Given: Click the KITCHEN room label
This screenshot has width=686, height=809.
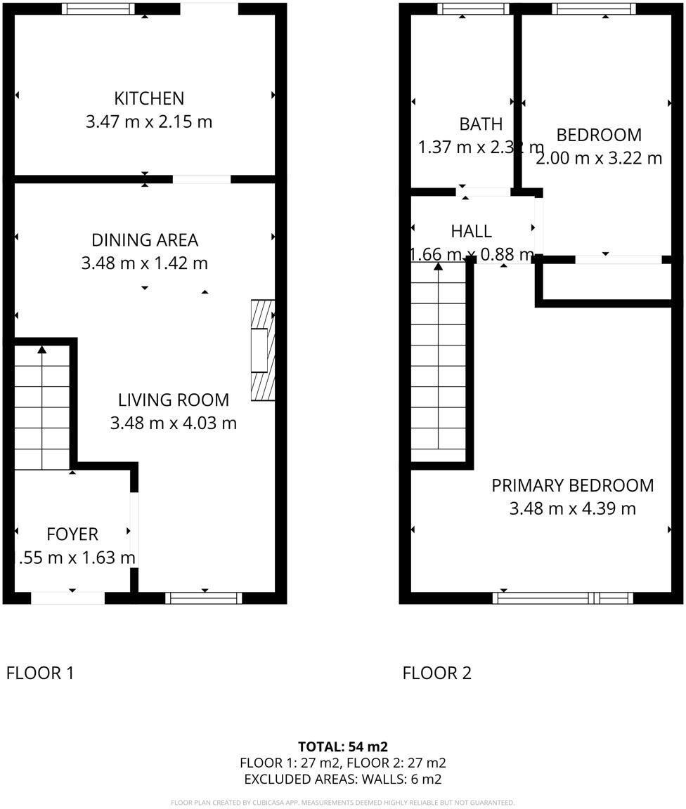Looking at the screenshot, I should [149, 98].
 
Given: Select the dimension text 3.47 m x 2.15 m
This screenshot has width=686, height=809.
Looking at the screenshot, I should [149, 121].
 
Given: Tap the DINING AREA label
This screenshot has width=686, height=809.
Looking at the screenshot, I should [145, 240].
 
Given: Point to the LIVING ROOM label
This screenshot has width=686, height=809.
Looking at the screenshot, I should [173, 400].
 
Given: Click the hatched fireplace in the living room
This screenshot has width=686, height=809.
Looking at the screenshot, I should [262, 350].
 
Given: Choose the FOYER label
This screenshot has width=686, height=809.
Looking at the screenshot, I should [72, 534].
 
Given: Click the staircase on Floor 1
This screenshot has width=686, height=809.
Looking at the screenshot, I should [42, 407].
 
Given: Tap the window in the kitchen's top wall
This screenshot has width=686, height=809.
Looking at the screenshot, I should [98, 9].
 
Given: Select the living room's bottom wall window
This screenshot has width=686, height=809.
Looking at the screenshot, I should [204, 598].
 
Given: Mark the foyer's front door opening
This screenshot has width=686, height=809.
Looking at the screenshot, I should [68, 598].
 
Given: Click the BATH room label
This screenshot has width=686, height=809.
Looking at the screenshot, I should [481, 124].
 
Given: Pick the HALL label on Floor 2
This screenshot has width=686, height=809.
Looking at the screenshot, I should [471, 231].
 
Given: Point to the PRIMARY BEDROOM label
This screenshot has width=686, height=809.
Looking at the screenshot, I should [572, 485].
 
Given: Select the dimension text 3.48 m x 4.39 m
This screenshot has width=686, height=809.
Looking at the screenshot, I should [572, 508].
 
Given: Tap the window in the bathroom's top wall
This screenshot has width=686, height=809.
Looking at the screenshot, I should [473, 9].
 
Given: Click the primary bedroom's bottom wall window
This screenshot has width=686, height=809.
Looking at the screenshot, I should [563, 598].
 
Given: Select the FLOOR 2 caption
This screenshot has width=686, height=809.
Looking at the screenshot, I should [436, 673].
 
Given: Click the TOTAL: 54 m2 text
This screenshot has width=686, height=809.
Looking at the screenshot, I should [343, 746].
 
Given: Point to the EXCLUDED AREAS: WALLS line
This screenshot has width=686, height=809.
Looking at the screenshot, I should [343, 779].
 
